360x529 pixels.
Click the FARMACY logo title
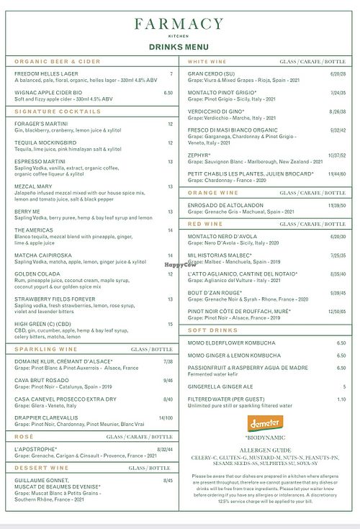(x=180, y=24)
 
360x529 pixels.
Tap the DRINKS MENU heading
(x=180, y=45)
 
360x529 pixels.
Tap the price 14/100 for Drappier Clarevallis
(x=166, y=417)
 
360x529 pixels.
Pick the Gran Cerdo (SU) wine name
(x=212, y=73)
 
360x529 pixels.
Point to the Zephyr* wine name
(x=199, y=155)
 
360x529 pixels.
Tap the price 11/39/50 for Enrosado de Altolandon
(x=336, y=205)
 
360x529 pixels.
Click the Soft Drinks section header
(x=209, y=330)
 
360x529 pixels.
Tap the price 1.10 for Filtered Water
(x=341, y=399)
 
